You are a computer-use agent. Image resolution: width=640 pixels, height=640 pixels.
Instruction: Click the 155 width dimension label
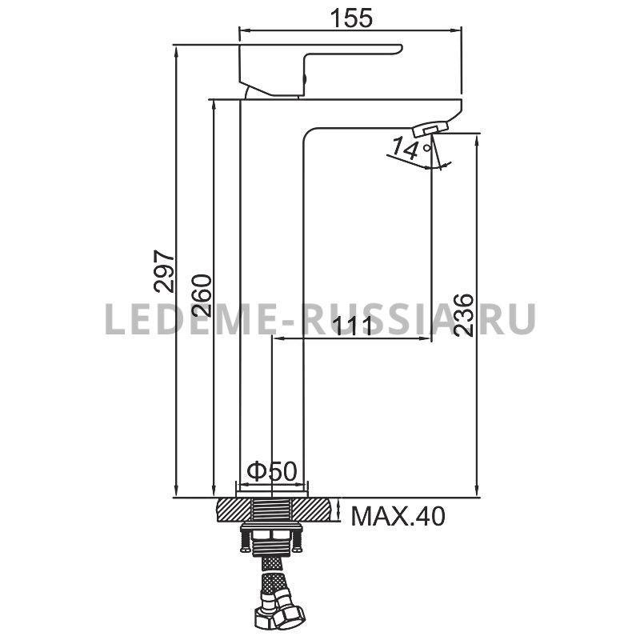click(351, 18)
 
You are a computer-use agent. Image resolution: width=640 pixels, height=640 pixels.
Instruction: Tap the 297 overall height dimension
click(164, 271)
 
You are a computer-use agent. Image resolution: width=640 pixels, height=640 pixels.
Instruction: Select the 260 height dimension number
click(202, 296)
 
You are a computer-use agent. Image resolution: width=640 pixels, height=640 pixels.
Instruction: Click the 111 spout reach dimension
click(354, 326)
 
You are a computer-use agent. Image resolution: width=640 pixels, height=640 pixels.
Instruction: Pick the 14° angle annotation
click(410, 149)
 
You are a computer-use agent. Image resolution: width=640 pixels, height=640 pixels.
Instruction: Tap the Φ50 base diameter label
click(271, 471)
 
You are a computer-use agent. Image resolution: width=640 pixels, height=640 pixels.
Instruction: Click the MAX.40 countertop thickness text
click(398, 516)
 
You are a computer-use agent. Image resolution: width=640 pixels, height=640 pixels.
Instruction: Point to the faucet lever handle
click(321, 70)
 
